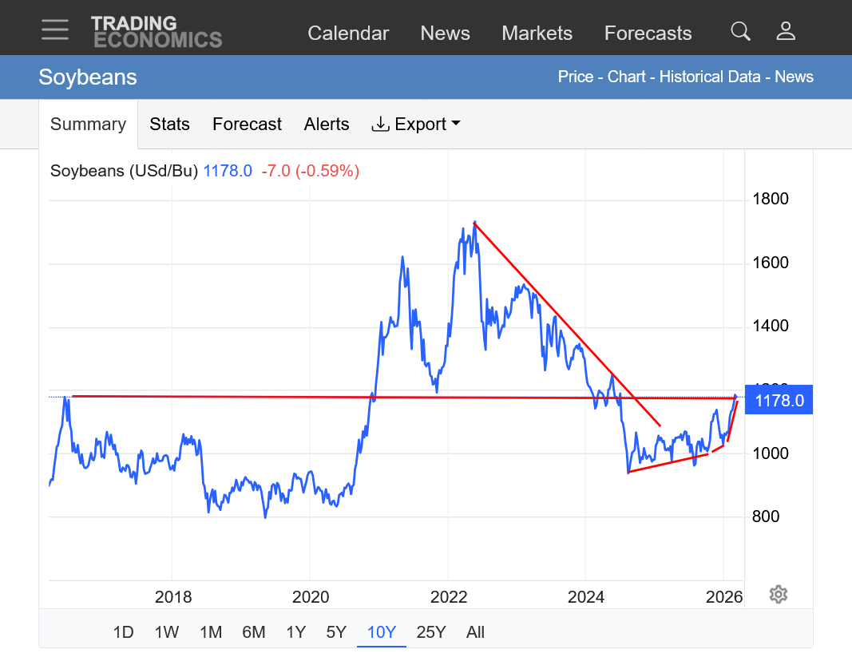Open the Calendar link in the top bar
(x=348, y=33)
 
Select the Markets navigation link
(x=537, y=33)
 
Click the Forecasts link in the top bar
(x=648, y=33)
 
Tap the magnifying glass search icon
(x=740, y=31)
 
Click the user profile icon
(x=786, y=31)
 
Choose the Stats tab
(x=169, y=124)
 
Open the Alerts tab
(x=327, y=124)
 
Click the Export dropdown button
(x=416, y=124)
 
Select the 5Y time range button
(x=336, y=632)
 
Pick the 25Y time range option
(x=431, y=632)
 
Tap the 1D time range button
(x=123, y=632)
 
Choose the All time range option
(x=475, y=632)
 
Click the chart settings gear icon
(x=779, y=594)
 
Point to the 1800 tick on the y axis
(x=771, y=199)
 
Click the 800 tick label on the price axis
(x=767, y=517)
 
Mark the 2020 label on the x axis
(x=311, y=597)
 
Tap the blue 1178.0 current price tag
(x=779, y=400)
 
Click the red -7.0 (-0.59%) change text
(x=310, y=170)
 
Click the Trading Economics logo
(x=157, y=31)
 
